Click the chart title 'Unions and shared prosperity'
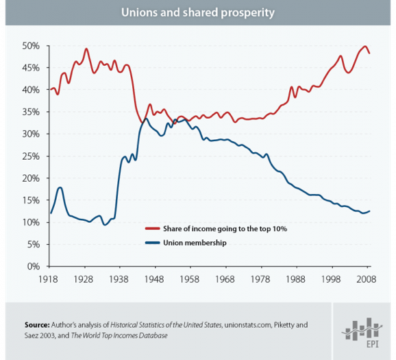coord(198,12)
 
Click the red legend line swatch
coord(152,228)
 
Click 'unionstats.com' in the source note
coord(245,324)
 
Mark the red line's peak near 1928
coord(86,49)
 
